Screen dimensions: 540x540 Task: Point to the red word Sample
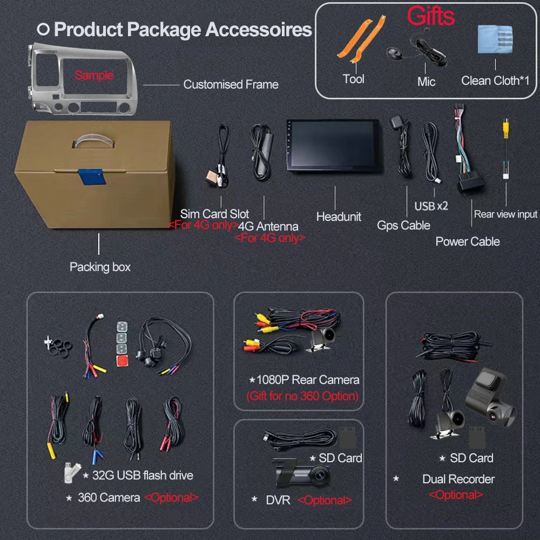point(94,75)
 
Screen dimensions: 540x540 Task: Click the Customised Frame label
point(231,84)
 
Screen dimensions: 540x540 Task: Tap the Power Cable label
point(468,241)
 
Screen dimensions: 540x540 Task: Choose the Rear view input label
point(505,214)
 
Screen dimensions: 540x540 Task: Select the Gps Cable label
point(403,226)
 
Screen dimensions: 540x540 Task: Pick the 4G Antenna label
point(268,227)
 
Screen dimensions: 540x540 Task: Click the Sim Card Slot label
point(214,214)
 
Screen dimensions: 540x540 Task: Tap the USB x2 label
point(431,206)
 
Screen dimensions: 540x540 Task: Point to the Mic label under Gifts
point(426,82)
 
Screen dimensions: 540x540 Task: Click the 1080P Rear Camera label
point(307,380)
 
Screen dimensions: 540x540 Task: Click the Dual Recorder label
point(458,479)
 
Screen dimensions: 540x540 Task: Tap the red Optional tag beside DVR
point(325,501)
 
